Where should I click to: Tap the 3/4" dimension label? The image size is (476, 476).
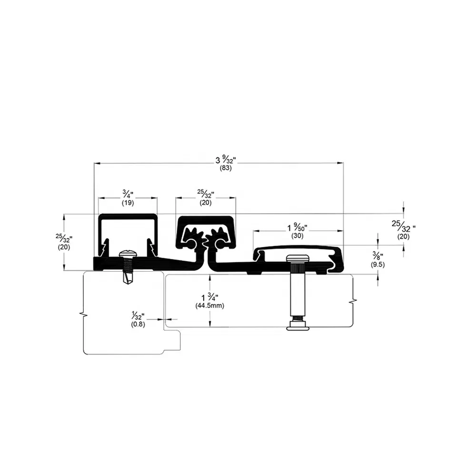(128, 194)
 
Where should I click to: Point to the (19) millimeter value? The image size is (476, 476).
(128, 202)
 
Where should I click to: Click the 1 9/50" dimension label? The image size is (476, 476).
(297, 227)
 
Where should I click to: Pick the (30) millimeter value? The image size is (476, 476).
(297, 235)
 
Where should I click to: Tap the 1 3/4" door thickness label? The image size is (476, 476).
(209, 297)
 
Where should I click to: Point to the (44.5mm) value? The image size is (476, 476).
(209, 306)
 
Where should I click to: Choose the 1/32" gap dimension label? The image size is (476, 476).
(138, 315)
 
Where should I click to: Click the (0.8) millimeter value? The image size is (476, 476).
(138, 324)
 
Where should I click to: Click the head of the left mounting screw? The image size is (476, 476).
(128, 255)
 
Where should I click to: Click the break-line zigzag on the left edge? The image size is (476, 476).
(83, 314)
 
